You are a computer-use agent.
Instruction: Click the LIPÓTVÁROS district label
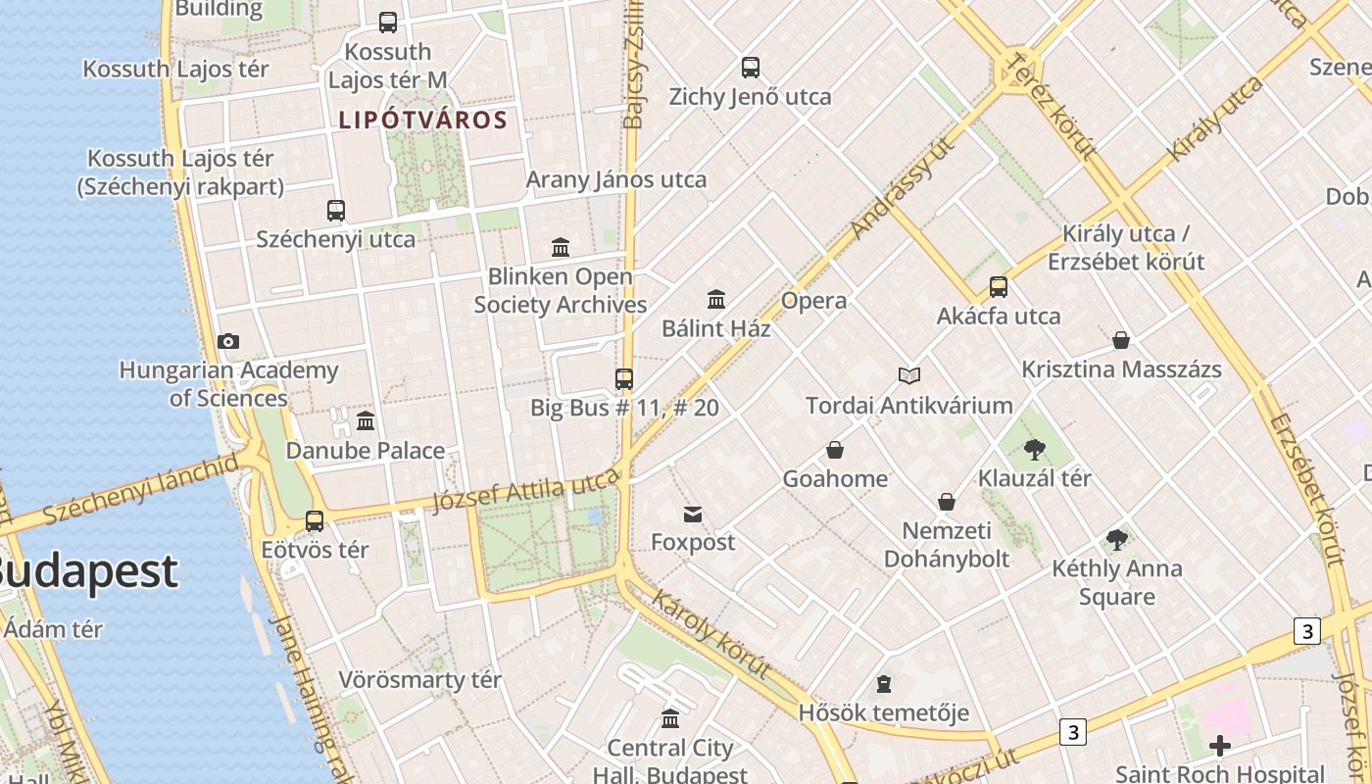[422, 121]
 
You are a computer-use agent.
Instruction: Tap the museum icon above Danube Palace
[366, 421]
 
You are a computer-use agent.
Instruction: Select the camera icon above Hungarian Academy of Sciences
[228, 341]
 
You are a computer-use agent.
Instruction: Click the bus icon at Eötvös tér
[315, 521]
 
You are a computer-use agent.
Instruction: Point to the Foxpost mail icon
[693, 514]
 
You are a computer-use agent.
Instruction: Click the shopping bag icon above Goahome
[835, 450]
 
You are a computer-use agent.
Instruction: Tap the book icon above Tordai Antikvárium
[909, 375]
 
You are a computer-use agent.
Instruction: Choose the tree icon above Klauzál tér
[1034, 450]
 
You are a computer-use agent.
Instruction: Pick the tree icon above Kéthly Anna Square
[1116, 539]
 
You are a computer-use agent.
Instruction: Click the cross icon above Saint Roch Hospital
[1220, 746]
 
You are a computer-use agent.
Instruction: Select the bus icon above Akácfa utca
[999, 287]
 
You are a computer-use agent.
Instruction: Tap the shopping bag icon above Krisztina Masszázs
[1121, 340]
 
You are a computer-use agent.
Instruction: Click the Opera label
[813, 301]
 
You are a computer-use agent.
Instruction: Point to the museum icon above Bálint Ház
[716, 299]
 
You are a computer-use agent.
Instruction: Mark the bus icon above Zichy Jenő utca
[751, 68]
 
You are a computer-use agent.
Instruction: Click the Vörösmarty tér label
[419, 679]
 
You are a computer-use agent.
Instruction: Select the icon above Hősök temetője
[884, 683]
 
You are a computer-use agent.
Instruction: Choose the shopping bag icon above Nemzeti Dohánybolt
[947, 502]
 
